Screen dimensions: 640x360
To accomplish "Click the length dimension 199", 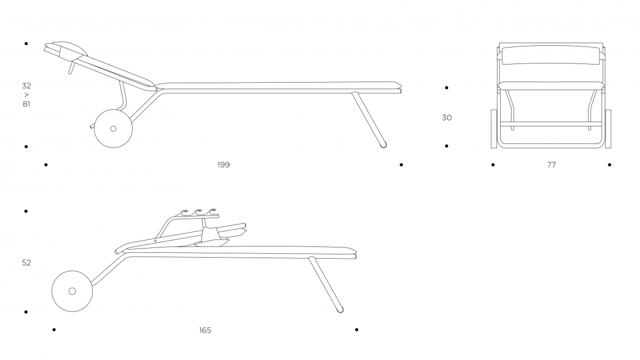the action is tap(223, 165).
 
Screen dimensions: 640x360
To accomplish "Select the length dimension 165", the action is tap(205, 330).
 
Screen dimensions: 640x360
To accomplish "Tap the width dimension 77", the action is tap(551, 165).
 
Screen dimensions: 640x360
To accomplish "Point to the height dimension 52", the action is tap(26, 263).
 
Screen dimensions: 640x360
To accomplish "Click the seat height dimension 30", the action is tap(447, 118).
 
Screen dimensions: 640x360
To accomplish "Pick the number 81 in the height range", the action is tap(26, 105).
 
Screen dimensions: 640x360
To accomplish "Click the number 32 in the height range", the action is tap(26, 86).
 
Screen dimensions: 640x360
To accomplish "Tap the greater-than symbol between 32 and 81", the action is tap(27, 95).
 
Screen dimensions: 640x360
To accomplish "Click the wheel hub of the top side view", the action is tap(114, 129).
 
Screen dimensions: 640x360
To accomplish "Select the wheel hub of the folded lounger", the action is tap(73, 291).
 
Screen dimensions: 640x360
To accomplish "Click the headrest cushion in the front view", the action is tap(551, 55).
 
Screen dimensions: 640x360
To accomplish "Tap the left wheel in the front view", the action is tap(494, 129).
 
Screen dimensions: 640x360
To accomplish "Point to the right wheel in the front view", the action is tap(608, 129).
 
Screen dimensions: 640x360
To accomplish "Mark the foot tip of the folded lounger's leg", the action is tap(341, 310).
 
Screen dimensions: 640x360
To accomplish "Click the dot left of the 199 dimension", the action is tap(46, 165).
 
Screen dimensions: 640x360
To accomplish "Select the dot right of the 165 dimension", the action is tap(357, 330).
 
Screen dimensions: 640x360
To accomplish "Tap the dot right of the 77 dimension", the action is tap(610, 165).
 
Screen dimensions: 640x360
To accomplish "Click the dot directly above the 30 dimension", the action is tap(446, 87).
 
